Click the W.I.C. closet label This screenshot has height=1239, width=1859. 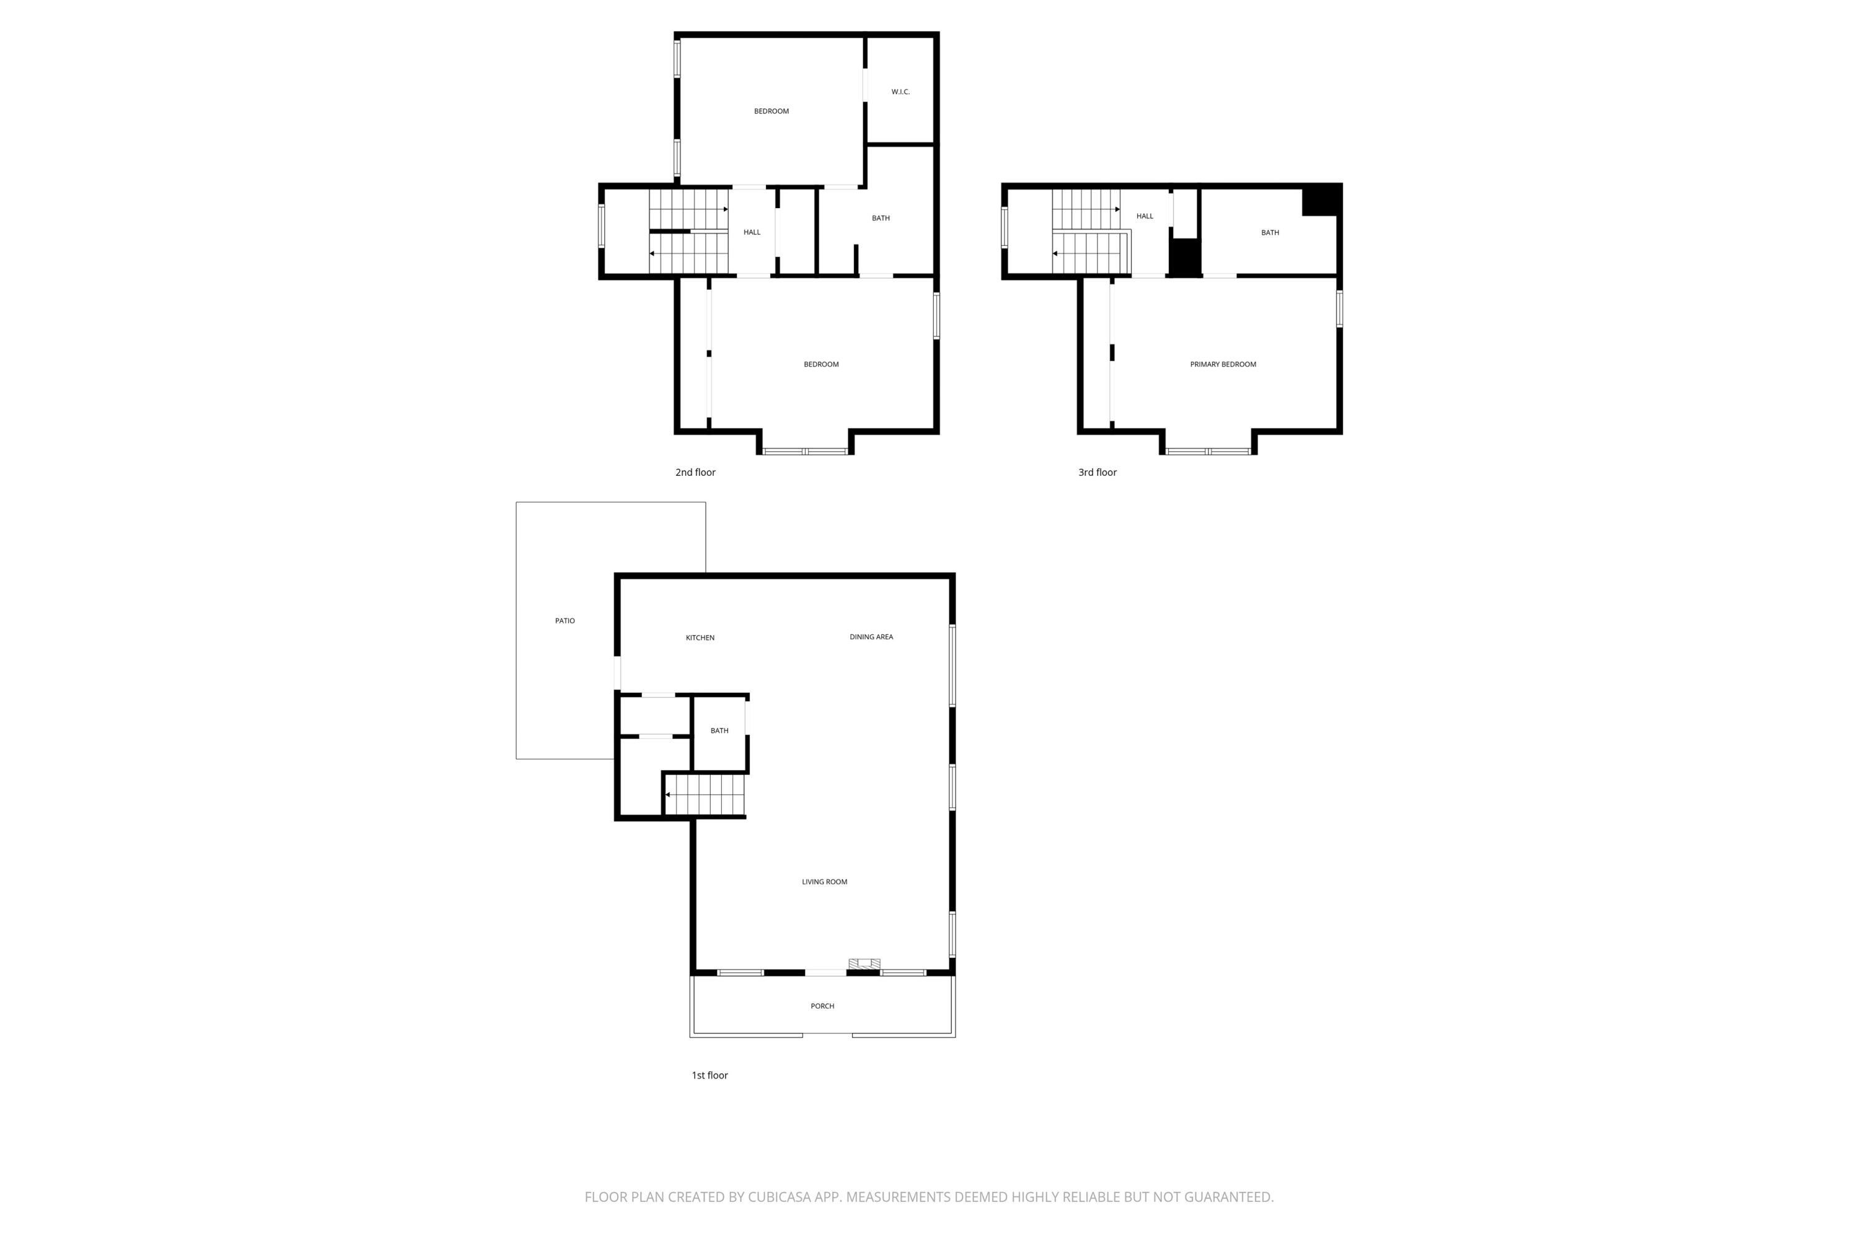pyautogui.click(x=900, y=92)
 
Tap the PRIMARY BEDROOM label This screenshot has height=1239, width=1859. pyautogui.click(x=1223, y=364)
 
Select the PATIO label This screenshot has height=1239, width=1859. pyautogui.click(x=565, y=621)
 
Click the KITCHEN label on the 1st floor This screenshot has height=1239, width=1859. pyautogui.click(x=700, y=637)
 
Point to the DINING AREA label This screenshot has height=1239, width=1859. pyautogui.click(x=871, y=637)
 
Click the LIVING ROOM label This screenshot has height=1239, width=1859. pyautogui.click(x=824, y=882)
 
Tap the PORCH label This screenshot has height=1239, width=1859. pyautogui.click(x=822, y=1006)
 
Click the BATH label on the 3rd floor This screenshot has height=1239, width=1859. pyautogui.click(x=1269, y=232)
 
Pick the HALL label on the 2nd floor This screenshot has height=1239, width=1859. pyautogui.click(x=752, y=232)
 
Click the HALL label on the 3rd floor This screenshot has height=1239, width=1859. pyautogui.click(x=1145, y=216)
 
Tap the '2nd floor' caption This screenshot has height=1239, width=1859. pyautogui.click(x=695, y=473)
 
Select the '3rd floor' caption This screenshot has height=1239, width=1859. pyautogui.click(x=1097, y=473)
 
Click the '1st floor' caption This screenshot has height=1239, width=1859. pyautogui.click(x=709, y=1075)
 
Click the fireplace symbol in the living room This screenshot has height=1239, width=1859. pyautogui.click(x=864, y=964)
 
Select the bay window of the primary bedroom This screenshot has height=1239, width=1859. pyautogui.click(x=1208, y=451)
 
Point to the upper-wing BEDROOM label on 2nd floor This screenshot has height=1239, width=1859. pyautogui.click(x=771, y=112)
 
